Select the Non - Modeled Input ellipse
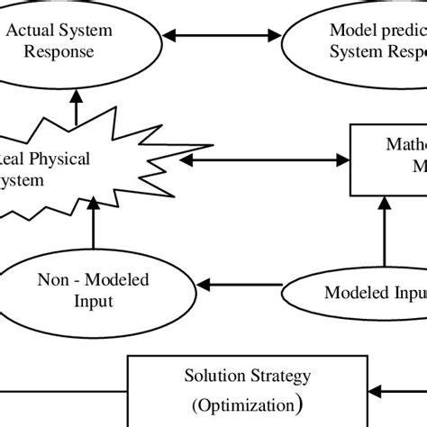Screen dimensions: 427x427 tap(94, 290)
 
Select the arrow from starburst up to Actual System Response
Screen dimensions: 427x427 tap(77, 104)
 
